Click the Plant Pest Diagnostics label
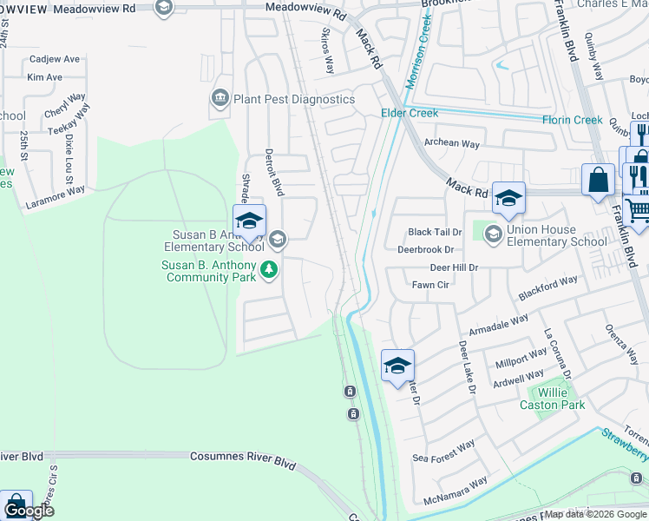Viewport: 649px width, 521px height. [293, 99]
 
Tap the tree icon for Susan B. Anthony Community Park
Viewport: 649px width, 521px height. [269, 270]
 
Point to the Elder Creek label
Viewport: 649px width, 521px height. [410, 113]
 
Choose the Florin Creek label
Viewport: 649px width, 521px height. [572, 120]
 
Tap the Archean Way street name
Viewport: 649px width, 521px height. [451, 143]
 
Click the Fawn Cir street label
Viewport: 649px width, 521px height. [429, 285]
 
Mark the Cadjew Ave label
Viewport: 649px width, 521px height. [54, 59]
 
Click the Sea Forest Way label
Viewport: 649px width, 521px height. [443, 451]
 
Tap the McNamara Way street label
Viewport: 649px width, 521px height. [456, 491]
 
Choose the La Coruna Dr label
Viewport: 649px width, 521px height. [559, 353]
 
